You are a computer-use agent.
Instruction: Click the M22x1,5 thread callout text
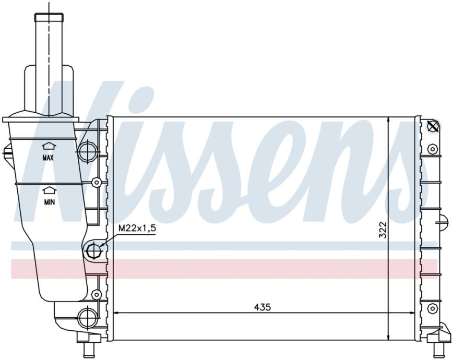tap(137, 229)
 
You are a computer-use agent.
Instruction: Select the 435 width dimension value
tap(263, 307)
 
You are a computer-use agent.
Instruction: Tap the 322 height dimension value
tap(382, 230)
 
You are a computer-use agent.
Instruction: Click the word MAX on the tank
tap(48, 158)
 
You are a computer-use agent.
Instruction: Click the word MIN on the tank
tap(49, 202)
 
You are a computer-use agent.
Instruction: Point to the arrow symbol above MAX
tap(49, 146)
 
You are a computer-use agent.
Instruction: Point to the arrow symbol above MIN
tap(49, 190)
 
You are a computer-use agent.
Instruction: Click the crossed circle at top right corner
tap(433, 126)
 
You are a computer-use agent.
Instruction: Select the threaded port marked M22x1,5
tap(93, 250)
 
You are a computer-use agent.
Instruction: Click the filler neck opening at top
tap(49, 17)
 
